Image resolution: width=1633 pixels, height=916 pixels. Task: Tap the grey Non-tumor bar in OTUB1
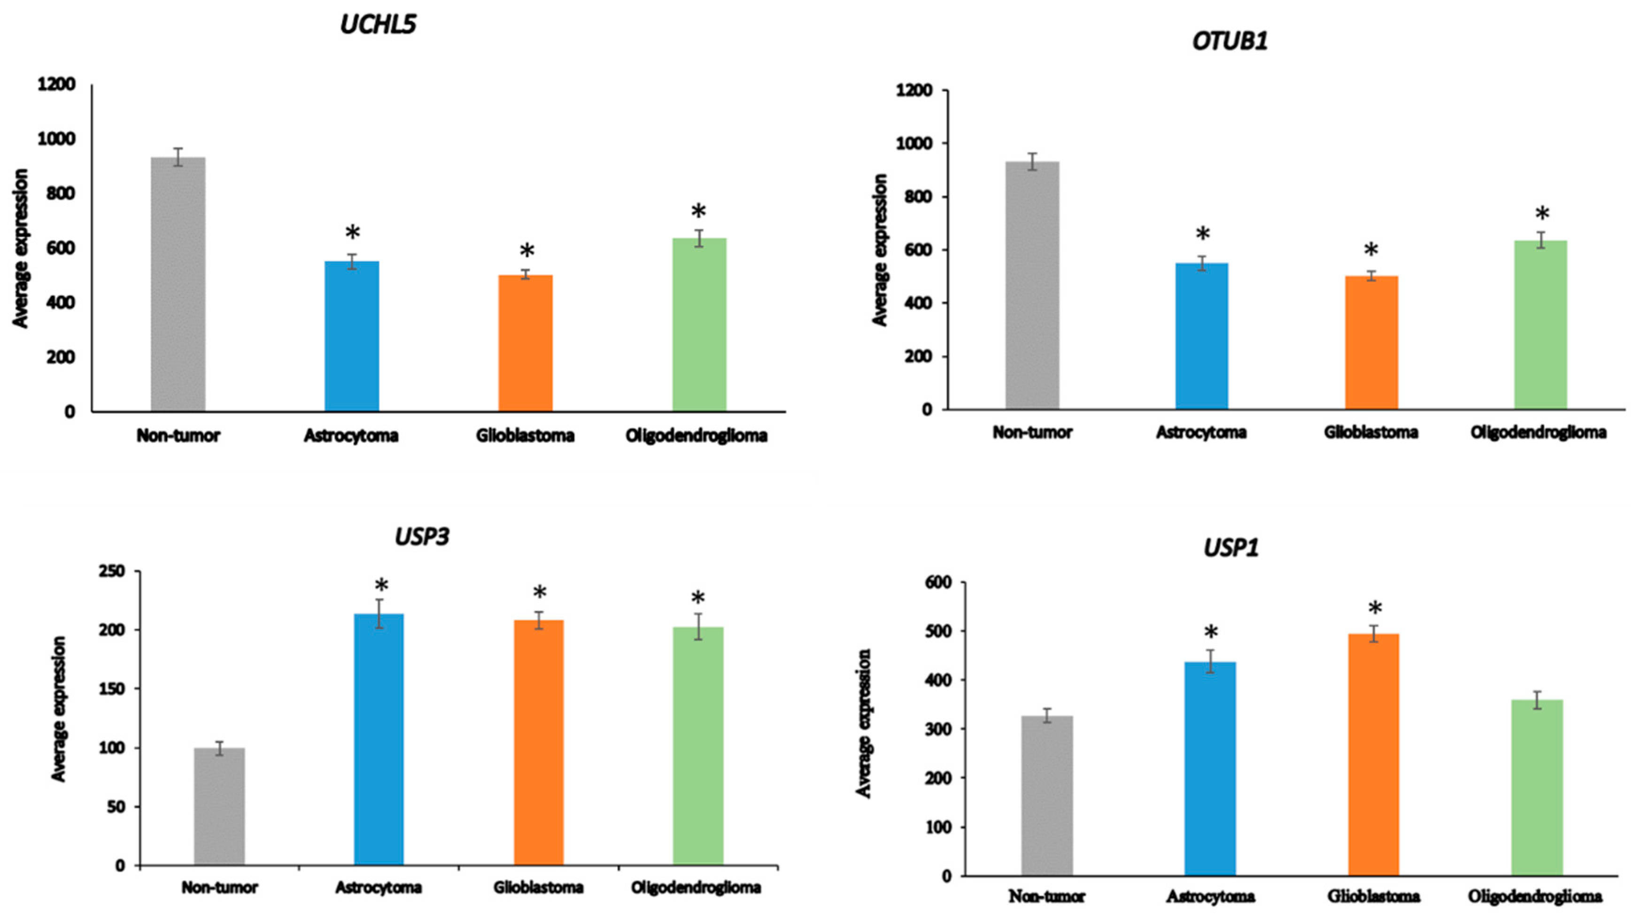[1032, 285]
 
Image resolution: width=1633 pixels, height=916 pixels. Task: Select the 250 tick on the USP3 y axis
[112, 571]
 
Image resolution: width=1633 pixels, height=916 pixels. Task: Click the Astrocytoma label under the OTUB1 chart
[1201, 432]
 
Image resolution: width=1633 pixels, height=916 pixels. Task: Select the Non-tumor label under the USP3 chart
[219, 887]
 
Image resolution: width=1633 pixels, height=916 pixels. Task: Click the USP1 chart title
[1231, 548]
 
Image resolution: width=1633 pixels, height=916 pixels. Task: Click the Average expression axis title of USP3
[59, 709]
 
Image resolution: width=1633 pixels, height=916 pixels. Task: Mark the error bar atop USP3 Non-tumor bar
[219, 748]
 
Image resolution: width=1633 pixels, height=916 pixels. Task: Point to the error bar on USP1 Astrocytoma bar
[1209, 661]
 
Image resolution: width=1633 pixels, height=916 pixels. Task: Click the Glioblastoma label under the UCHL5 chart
[525, 436]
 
